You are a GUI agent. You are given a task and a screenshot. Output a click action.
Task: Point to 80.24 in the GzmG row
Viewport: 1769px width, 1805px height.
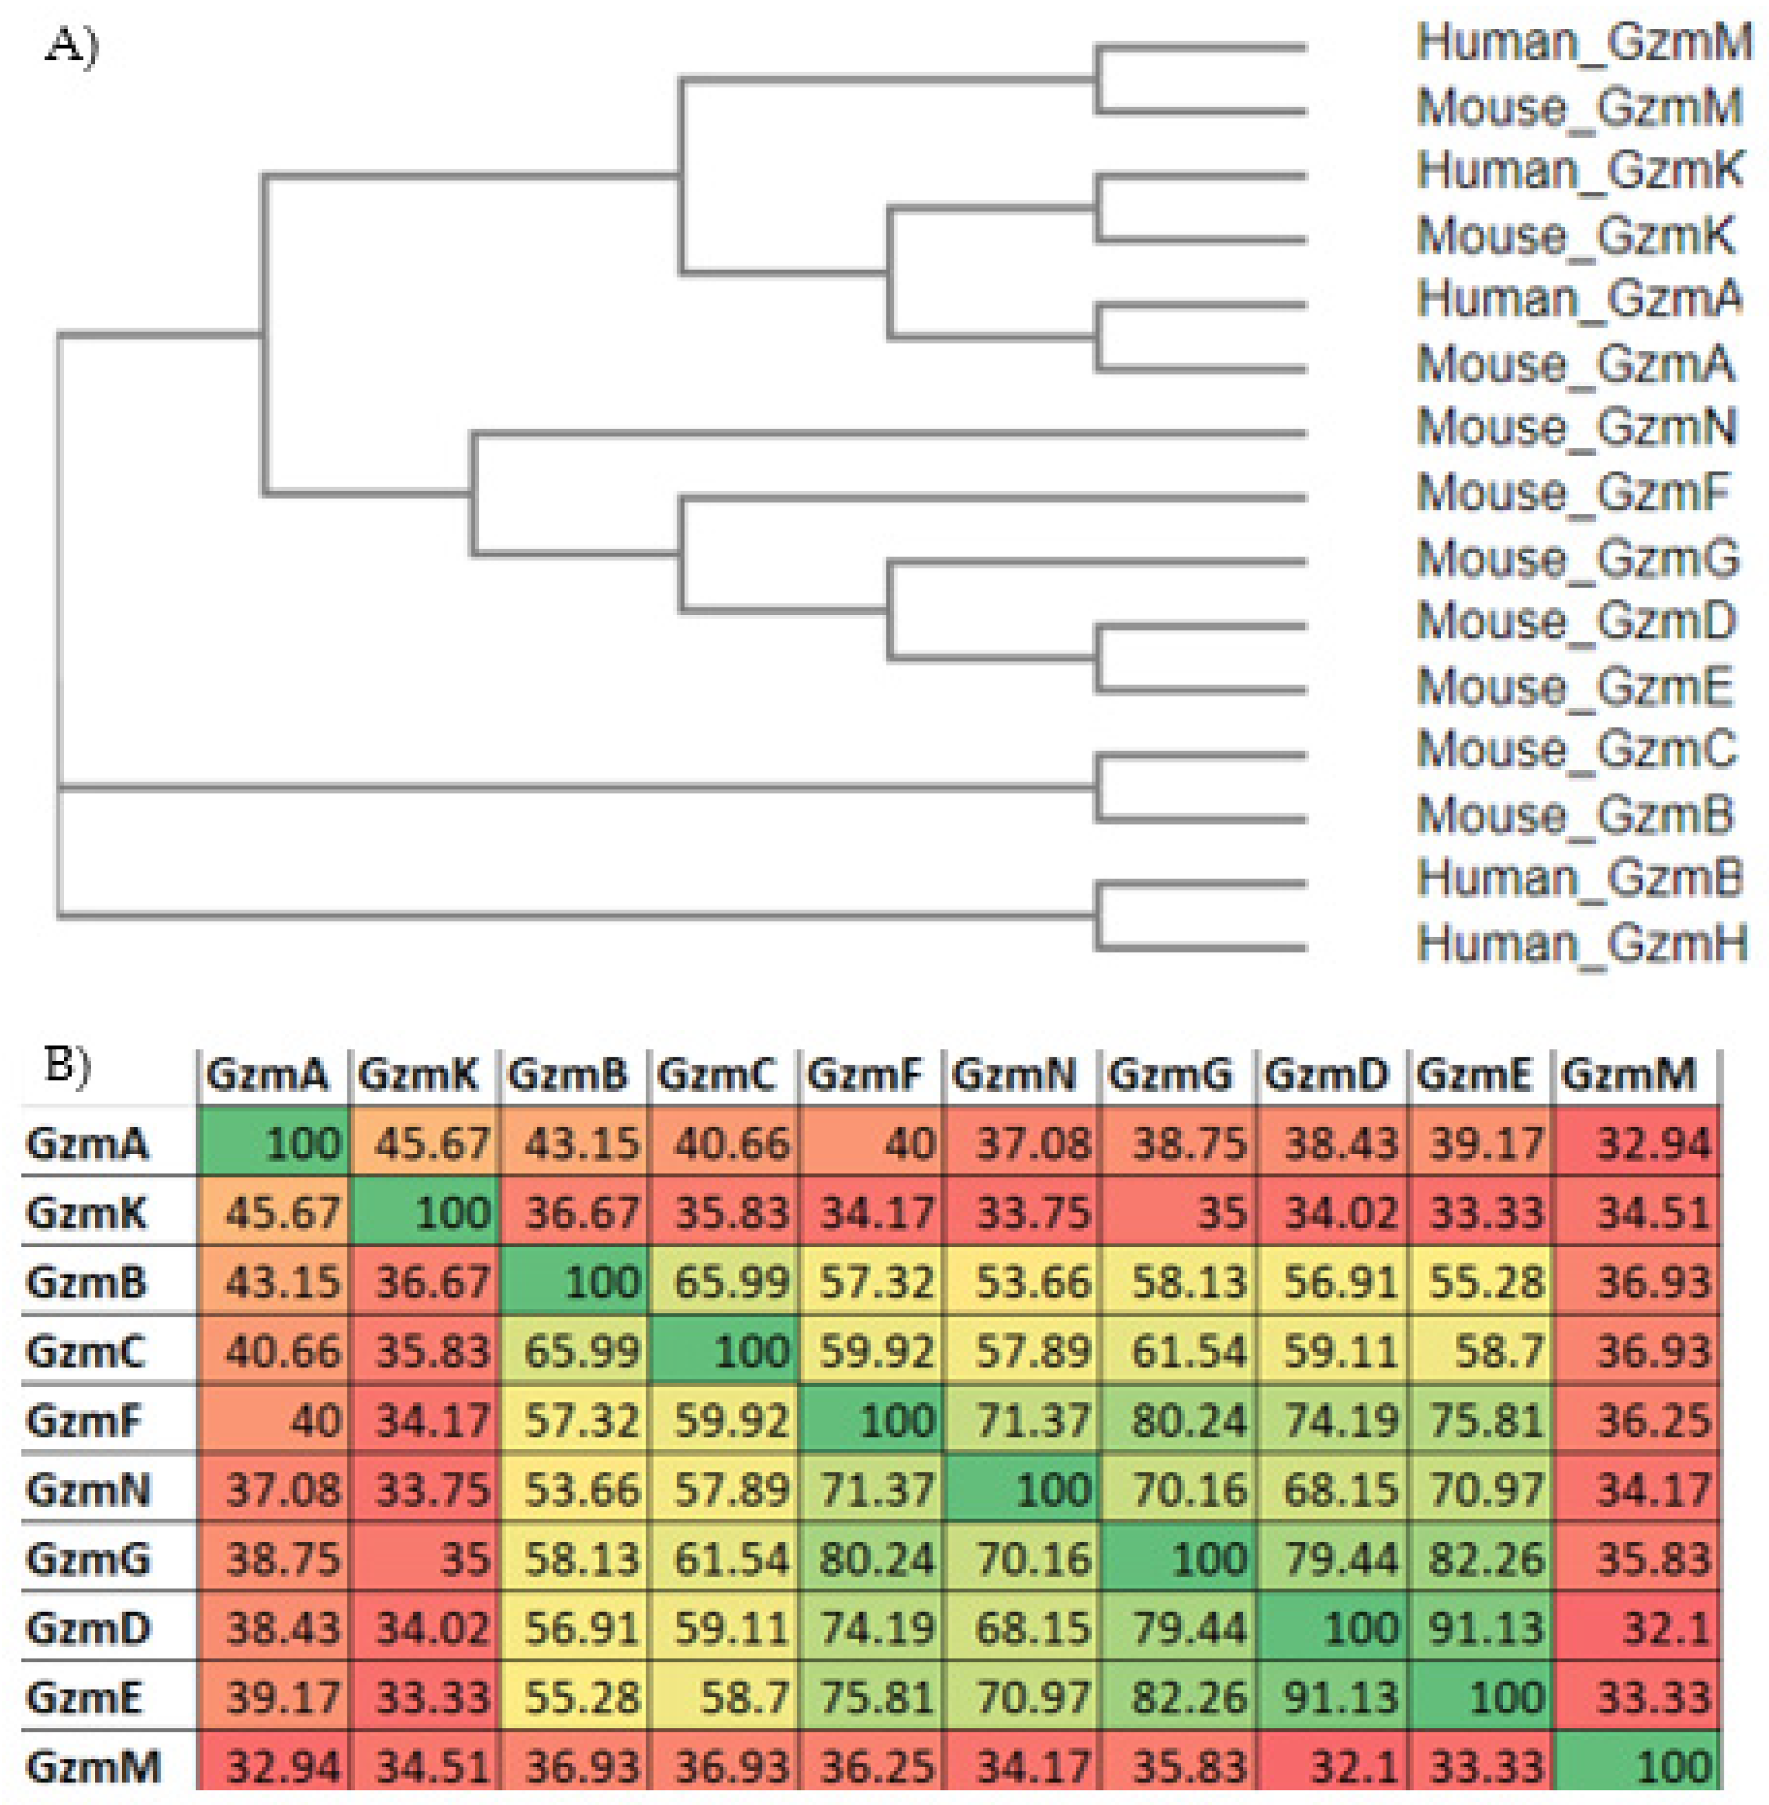(873, 1559)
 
